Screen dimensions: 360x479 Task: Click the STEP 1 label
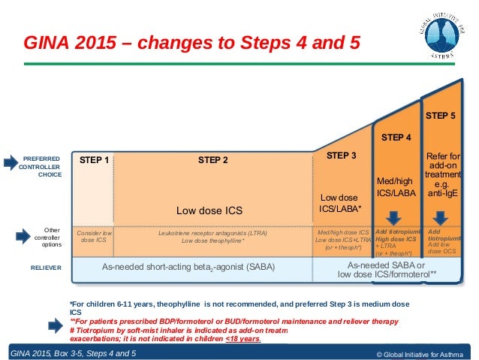click(94, 160)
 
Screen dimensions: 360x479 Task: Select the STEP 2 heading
click(214, 160)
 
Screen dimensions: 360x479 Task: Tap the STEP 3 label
click(342, 156)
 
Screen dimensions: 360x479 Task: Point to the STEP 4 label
click(396, 138)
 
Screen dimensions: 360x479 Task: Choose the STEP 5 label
click(441, 116)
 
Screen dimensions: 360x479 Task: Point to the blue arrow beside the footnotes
click(55, 324)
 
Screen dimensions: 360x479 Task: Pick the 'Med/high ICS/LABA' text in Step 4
click(396, 187)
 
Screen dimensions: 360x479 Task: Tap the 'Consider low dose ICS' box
click(94, 237)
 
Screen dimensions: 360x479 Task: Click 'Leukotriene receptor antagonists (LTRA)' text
click(214, 232)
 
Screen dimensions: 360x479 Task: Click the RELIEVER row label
click(44, 267)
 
